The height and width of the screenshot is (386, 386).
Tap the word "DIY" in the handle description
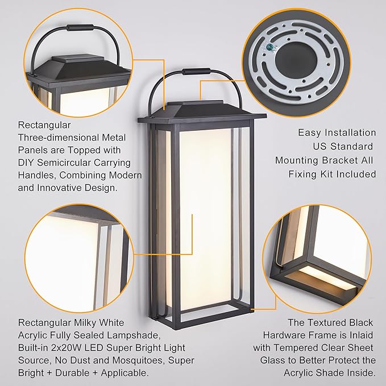point(27,163)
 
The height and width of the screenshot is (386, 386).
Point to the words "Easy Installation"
point(337,132)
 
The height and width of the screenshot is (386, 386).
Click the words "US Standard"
point(345,147)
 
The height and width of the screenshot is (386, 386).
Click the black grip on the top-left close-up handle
point(80,27)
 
